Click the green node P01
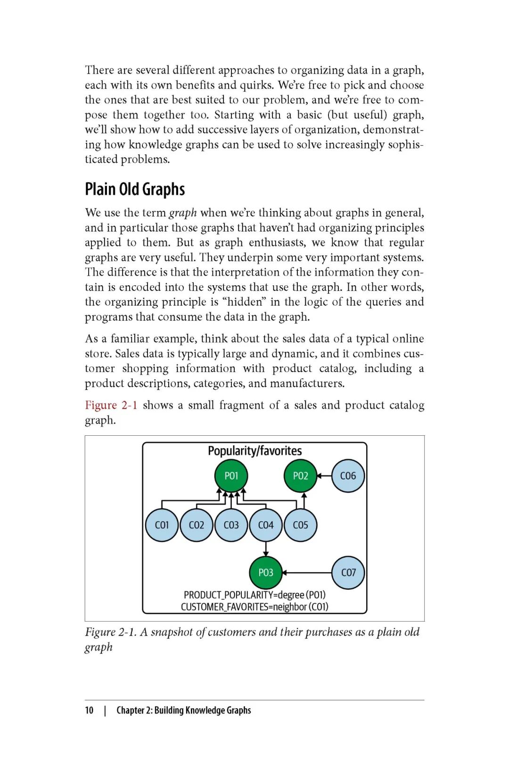[x=231, y=475]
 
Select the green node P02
[x=300, y=475]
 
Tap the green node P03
[x=266, y=573]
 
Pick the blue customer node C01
[x=162, y=525]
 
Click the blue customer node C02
[x=197, y=525]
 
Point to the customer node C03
[x=231, y=525]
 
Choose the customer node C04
[x=266, y=525]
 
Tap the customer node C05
[x=300, y=525]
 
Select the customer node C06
[x=348, y=475]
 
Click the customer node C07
[x=348, y=573]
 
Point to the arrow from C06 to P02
[x=324, y=476]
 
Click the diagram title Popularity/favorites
[x=254, y=451]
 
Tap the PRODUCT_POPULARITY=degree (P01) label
[x=254, y=595]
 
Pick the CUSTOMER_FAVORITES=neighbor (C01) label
[x=254, y=606]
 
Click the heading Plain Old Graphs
[x=135, y=189]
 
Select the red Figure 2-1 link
[x=111, y=405]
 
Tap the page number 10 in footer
[x=89, y=710]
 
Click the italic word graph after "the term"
[x=182, y=213]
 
